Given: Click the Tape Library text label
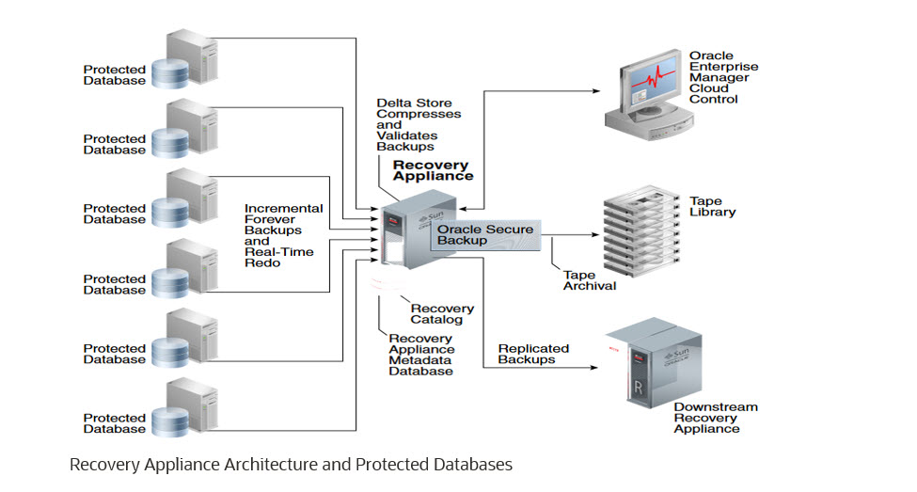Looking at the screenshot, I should click(712, 206).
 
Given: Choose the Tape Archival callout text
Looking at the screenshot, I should click(590, 279).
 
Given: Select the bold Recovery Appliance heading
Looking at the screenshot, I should click(433, 170).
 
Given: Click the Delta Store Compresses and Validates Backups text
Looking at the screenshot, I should click(419, 124).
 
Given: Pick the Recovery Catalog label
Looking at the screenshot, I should click(442, 314).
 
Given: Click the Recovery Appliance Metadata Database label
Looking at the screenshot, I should click(420, 354).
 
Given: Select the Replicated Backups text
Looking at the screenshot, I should click(526, 354).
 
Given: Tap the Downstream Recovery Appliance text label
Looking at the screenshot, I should click(715, 418).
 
